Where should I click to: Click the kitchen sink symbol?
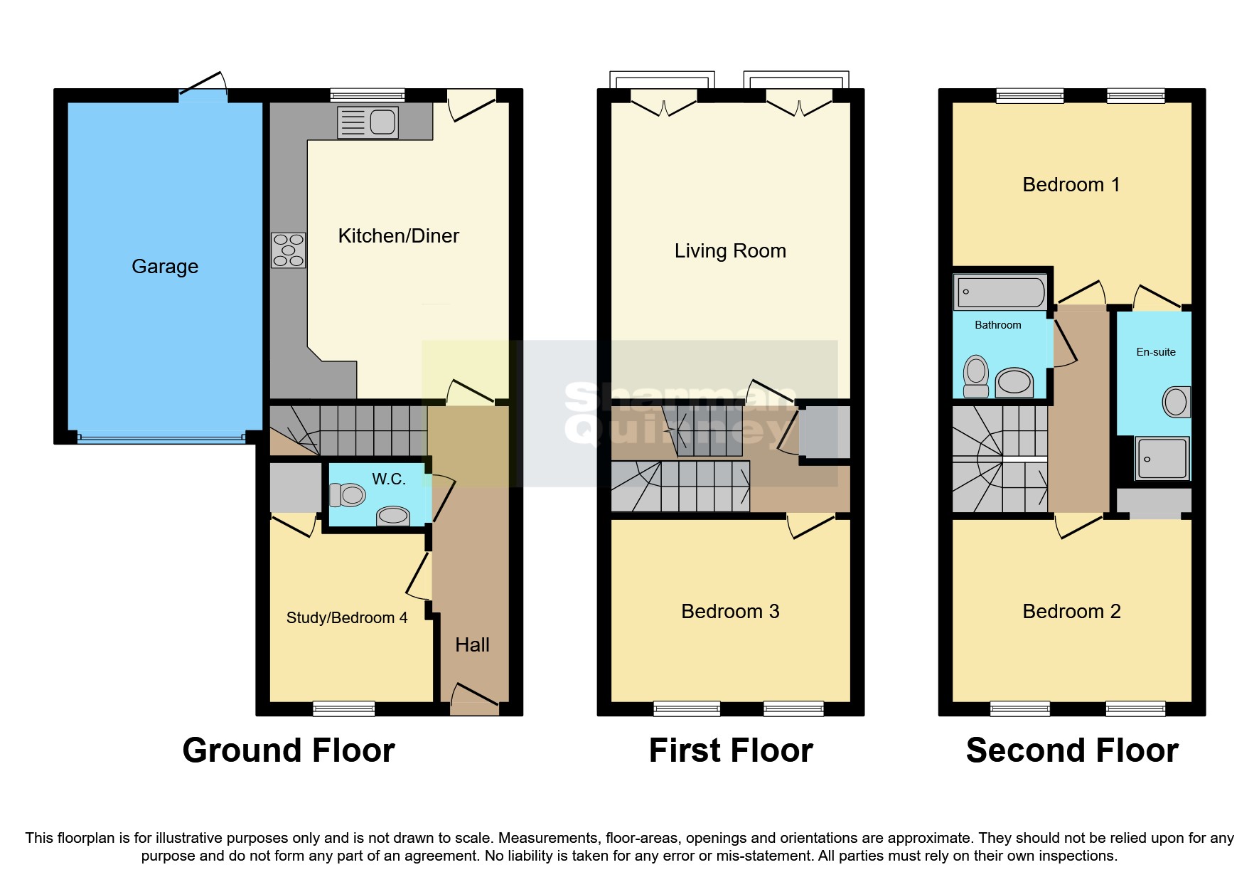[x=368, y=122]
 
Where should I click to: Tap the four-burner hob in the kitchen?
[x=288, y=250]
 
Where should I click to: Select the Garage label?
[x=165, y=267]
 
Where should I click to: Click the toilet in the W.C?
[x=347, y=494]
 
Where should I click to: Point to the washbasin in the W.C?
[x=393, y=515]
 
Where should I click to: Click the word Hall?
[x=472, y=645]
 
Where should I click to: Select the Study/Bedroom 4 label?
[x=347, y=618]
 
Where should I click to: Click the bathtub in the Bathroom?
[x=1001, y=292]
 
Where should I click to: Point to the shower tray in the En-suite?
[x=1162, y=457]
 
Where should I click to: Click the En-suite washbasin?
[x=1176, y=403]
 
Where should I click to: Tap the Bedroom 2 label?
[x=1071, y=612]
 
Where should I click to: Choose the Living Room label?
[x=730, y=251]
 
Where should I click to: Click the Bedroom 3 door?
[x=810, y=526]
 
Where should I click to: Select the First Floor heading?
[x=730, y=751]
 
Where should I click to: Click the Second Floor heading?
[x=1071, y=751]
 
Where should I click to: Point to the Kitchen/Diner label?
[x=398, y=236]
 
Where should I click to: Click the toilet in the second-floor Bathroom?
[x=976, y=376]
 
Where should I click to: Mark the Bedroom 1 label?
[x=1071, y=185]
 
